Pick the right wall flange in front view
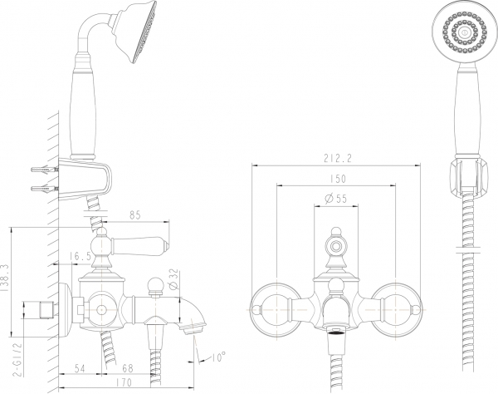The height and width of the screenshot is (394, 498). [395, 306]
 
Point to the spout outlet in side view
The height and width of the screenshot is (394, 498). [193, 330]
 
